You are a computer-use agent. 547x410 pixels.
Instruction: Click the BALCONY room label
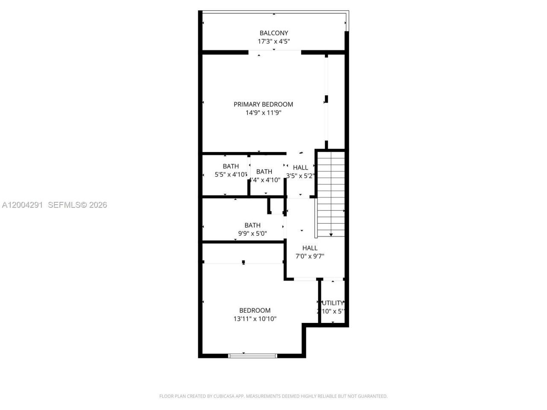[273, 33]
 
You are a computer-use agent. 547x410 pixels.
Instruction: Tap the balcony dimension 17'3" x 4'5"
[273, 41]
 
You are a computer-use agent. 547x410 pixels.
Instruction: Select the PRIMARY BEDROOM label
[263, 104]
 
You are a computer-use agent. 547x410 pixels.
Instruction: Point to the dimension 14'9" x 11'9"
[263, 113]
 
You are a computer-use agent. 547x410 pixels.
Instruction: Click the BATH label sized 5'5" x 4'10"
[231, 166]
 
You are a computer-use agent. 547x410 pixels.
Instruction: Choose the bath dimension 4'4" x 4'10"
[265, 180]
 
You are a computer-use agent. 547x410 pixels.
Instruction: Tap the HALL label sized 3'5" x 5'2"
[300, 167]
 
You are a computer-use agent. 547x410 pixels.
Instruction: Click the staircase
[331, 192]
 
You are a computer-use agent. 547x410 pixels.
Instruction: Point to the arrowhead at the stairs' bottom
[331, 234]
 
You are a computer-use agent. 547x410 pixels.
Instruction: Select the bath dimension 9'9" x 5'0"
[253, 234]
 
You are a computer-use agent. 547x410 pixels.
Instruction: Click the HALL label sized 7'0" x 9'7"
[310, 248]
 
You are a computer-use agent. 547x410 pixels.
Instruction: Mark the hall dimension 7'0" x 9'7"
[310, 256]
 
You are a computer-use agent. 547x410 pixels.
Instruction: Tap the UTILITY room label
[332, 303]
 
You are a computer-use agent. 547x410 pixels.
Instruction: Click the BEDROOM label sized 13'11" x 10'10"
[255, 310]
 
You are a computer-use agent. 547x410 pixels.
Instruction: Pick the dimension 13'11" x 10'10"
[255, 319]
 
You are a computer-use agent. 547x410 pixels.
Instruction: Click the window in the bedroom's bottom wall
[253, 355]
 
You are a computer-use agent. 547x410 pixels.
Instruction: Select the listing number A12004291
[22, 205]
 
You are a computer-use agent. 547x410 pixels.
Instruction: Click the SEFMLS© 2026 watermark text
[77, 205]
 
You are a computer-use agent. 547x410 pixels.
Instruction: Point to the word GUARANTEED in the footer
[372, 396]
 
